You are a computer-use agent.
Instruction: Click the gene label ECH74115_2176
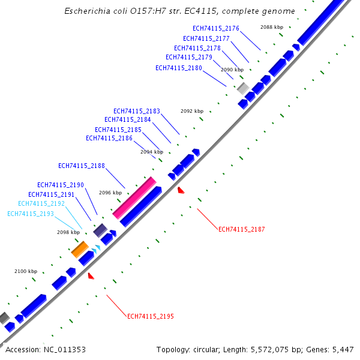click(x=216, y=28)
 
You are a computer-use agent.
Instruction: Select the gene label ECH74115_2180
click(x=179, y=68)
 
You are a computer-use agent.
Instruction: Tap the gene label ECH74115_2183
click(x=137, y=111)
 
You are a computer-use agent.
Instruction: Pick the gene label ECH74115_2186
click(x=109, y=138)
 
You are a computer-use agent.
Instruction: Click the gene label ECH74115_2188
click(x=82, y=166)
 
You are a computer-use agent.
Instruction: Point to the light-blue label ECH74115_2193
click(x=31, y=214)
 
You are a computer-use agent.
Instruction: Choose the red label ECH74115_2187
click(x=242, y=229)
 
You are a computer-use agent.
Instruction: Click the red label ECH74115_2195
click(x=151, y=316)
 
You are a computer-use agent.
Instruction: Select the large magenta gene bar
click(x=134, y=197)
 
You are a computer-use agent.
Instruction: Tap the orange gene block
click(x=80, y=249)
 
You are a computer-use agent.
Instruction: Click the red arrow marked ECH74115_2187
click(x=181, y=190)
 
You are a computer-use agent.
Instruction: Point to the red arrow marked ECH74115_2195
click(x=91, y=276)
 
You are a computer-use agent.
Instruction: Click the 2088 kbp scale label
click(x=272, y=27)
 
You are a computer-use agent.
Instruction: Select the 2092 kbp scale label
click(x=192, y=111)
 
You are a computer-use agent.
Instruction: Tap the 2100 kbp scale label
click(x=26, y=272)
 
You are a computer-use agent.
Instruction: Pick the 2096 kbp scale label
click(x=110, y=193)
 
